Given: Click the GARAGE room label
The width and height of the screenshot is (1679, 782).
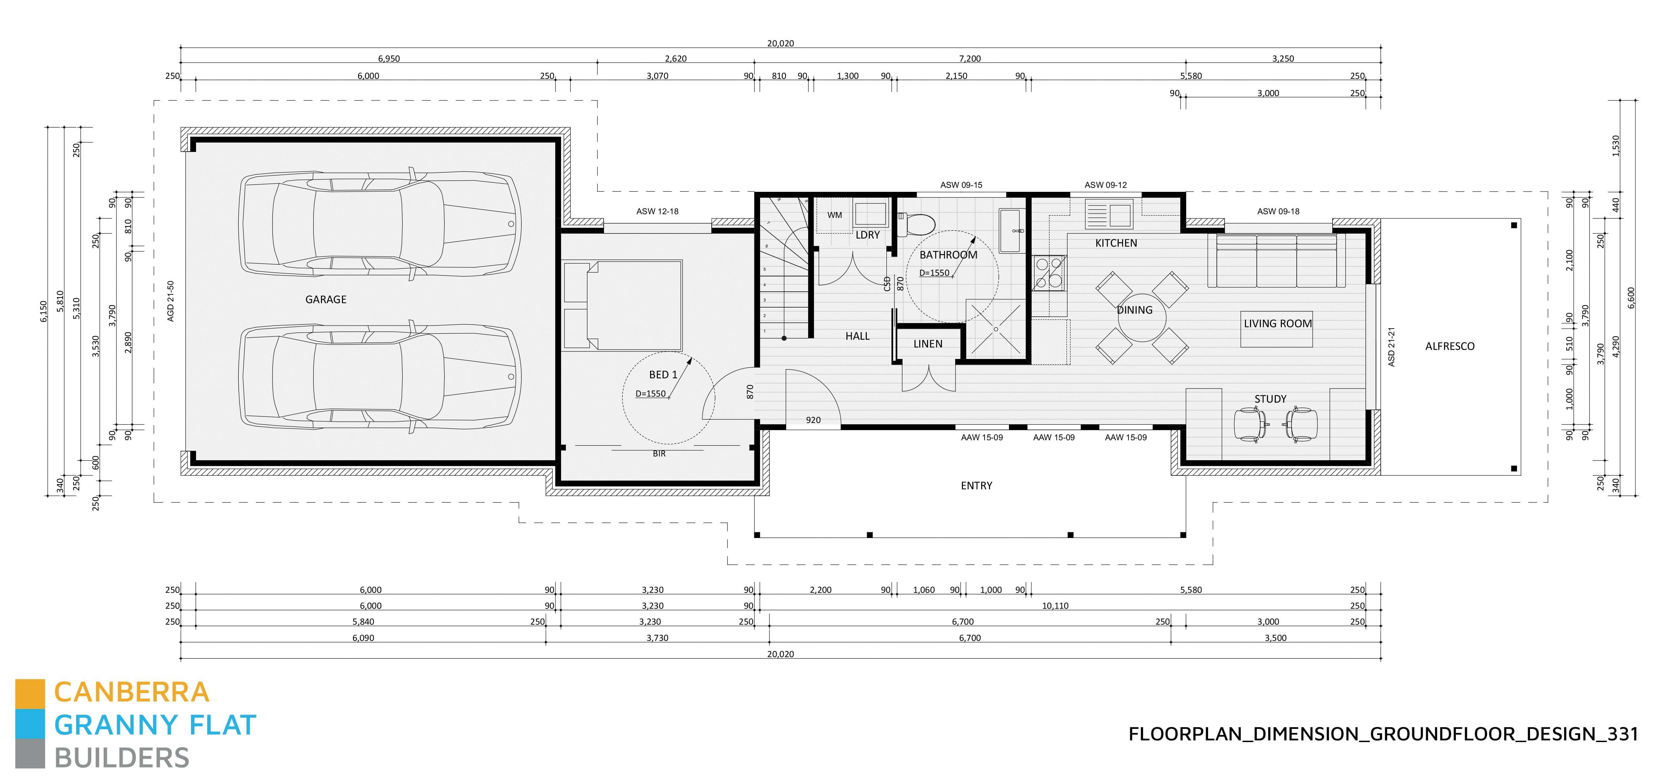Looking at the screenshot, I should [326, 300].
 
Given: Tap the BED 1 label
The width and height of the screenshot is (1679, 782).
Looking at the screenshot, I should [663, 375].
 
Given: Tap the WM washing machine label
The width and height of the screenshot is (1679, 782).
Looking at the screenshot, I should [834, 215].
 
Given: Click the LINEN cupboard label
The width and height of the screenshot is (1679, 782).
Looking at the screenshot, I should [927, 344].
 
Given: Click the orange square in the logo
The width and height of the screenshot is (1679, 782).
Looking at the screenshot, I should [30, 693].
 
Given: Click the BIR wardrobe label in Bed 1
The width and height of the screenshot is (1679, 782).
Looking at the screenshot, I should [659, 453].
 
